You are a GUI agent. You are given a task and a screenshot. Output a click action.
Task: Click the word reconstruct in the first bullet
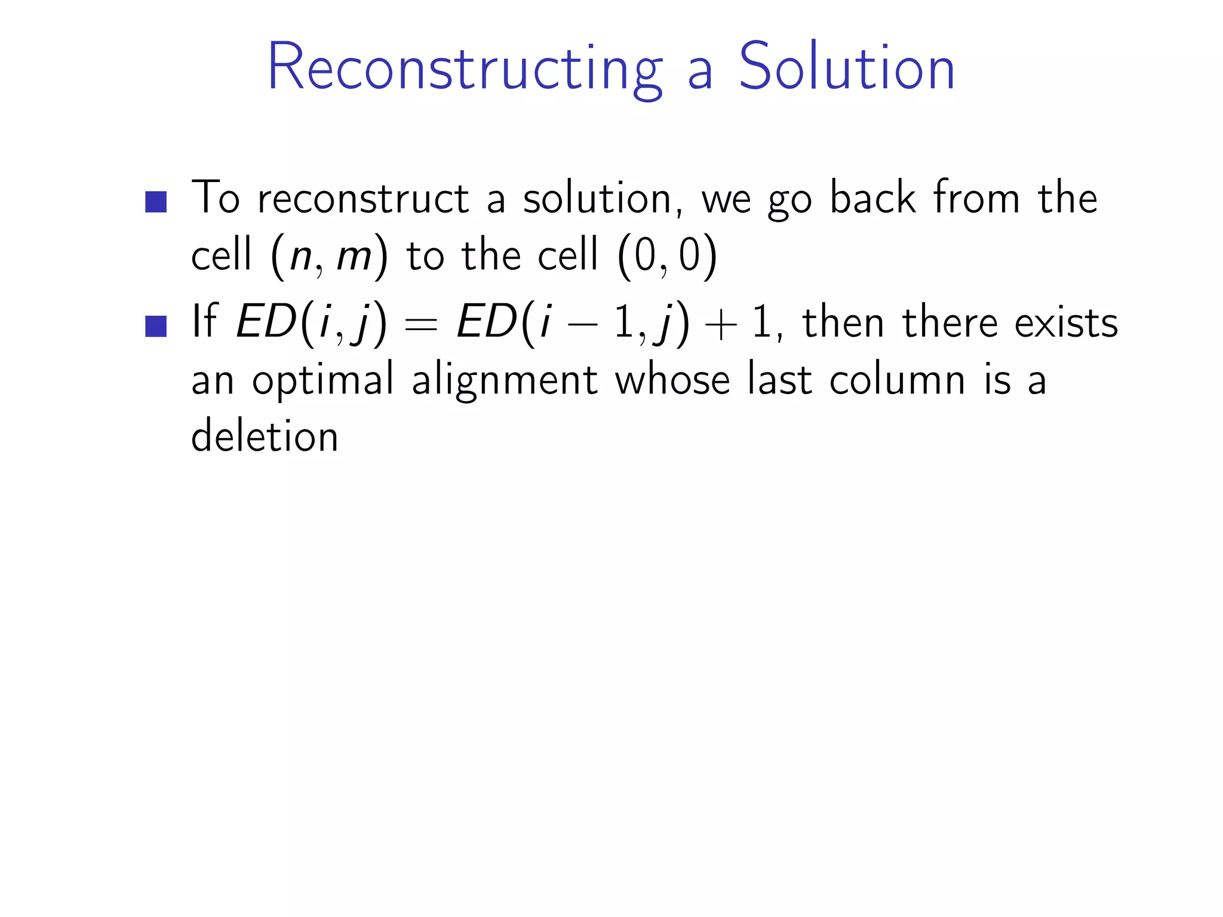tap(363, 199)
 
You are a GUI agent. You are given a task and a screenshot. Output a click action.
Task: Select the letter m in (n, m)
tap(354, 257)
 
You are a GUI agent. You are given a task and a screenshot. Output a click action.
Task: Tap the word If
tap(204, 322)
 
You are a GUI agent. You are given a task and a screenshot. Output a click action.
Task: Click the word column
tap(897, 380)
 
